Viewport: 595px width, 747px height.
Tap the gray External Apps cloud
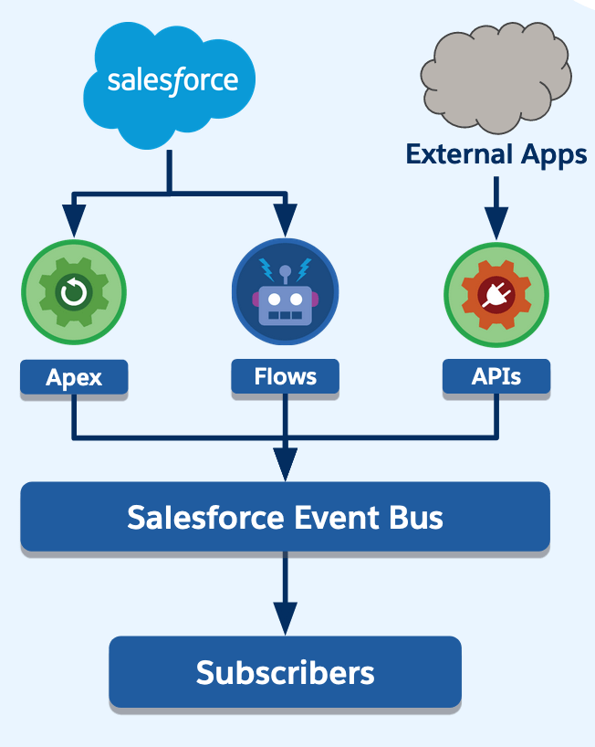[x=496, y=78]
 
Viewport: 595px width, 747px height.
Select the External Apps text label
[x=496, y=155]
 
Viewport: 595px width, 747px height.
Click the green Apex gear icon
[x=74, y=292]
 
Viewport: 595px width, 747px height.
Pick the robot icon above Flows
[x=285, y=291]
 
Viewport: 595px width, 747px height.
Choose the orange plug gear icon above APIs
[x=496, y=295]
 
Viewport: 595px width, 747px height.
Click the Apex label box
[x=74, y=377]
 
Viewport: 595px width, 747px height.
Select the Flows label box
[x=285, y=376]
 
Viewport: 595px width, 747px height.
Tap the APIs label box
[x=496, y=376]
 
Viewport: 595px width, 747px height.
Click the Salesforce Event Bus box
[x=285, y=517]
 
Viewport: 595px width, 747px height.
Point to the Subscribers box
[x=285, y=672]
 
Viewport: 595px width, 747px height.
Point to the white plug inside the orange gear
[x=496, y=295]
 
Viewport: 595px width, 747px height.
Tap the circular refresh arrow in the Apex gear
[x=74, y=292]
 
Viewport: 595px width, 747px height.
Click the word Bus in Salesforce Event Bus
[x=416, y=518]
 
